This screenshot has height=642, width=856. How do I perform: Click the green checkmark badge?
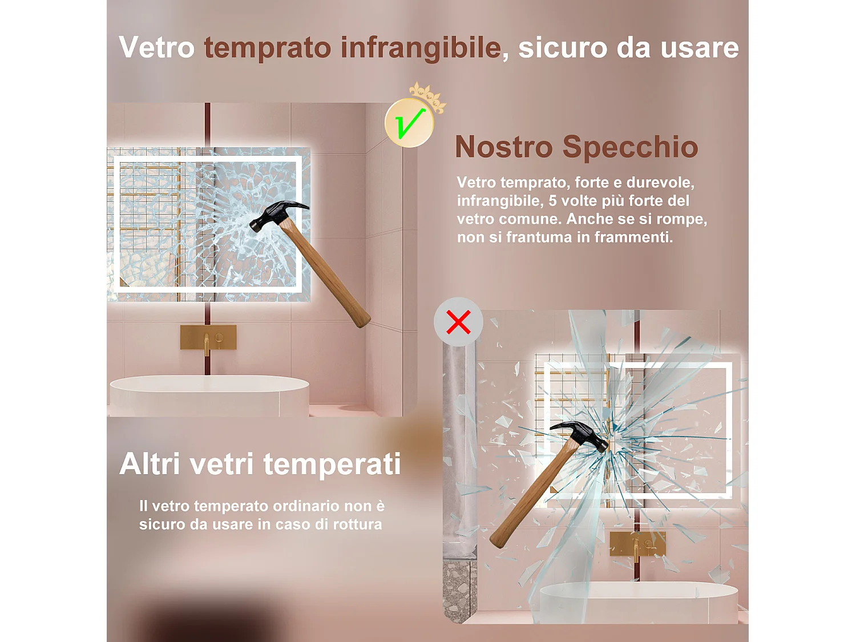409,123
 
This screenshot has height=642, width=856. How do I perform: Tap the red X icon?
458,322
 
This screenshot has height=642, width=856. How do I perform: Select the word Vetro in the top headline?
156,47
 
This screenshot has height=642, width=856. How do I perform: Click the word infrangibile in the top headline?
421,48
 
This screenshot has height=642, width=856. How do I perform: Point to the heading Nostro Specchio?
576,147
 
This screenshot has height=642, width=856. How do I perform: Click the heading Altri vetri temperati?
260,464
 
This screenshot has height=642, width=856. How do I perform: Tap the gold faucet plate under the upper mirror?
208,338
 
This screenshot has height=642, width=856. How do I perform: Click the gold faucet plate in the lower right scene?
637,544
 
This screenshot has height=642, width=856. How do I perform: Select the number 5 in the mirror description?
552,201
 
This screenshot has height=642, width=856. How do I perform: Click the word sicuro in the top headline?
562,48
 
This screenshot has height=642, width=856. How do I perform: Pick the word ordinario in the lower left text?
306,506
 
